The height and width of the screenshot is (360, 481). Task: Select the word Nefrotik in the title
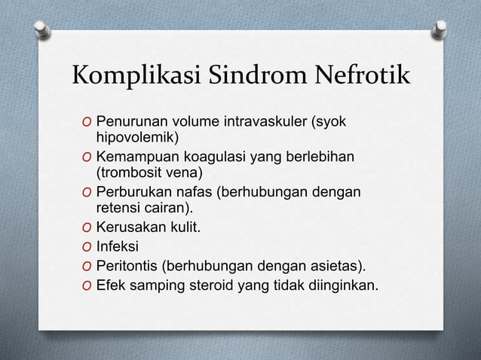[x=355, y=78]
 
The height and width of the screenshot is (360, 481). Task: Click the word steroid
[x=213, y=285]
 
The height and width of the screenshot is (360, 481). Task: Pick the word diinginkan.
[x=345, y=285]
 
